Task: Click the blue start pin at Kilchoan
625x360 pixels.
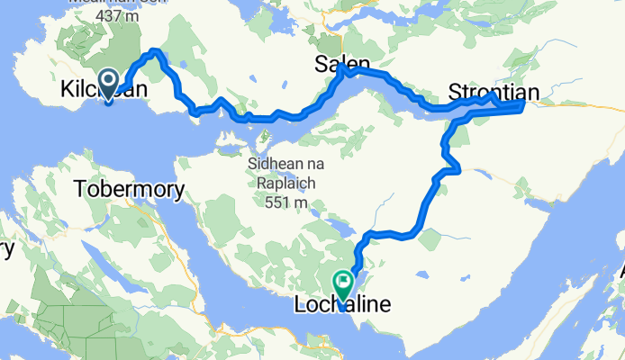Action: click(x=107, y=85)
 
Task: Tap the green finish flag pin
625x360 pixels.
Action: click(x=343, y=286)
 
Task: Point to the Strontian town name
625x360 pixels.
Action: click(x=495, y=93)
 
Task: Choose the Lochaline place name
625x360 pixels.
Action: click(x=343, y=306)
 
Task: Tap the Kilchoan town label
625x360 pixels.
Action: click(x=102, y=91)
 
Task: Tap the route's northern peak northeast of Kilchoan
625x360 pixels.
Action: click(x=157, y=51)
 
